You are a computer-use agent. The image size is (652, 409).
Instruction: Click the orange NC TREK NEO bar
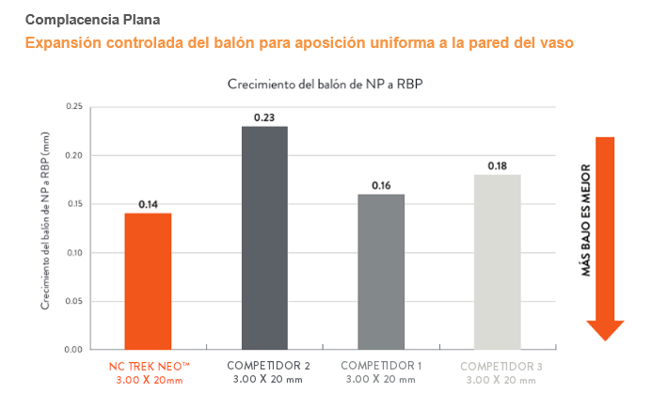pyautogui.click(x=148, y=280)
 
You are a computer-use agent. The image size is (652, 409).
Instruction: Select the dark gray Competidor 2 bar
pyautogui.click(x=264, y=237)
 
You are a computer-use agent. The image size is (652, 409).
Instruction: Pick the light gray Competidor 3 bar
pyautogui.click(x=497, y=260)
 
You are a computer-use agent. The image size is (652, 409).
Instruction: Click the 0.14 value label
pyautogui.click(x=148, y=204)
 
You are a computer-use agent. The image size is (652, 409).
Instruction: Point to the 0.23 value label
pyautogui.click(x=264, y=117)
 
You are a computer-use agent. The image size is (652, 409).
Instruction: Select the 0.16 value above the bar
pyautogui.click(x=381, y=185)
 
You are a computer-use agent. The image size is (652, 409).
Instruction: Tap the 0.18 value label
pyautogui.click(x=497, y=165)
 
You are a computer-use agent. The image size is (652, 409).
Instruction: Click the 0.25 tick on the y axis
pyautogui.click(x=74, y=106)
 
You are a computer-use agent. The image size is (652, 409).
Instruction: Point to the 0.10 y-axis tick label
pyautogui.click(x=74, y=252)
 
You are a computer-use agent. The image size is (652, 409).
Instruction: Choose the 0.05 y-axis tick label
pyautogui.click(x=74, y=301)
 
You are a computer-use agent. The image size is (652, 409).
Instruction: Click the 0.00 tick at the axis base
pyautogui.click(x=74, y=350)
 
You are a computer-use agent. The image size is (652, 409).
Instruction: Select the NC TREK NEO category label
pyautogui.click(x=149, y=365)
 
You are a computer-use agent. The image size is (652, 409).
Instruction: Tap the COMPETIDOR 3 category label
pyautogui.click(x=502, y=365)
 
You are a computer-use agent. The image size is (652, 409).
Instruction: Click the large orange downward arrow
pyautogui.click(x=605, y=235)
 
